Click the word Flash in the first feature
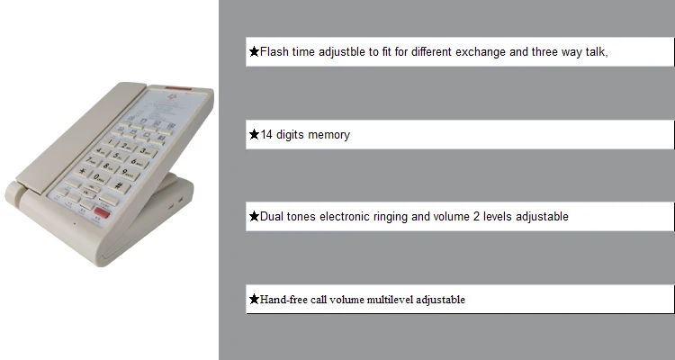274,52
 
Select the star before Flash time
254,52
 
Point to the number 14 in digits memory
266,135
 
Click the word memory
329,135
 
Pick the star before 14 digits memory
254,135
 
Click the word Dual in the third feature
273,217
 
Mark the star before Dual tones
254,217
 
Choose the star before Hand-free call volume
254,300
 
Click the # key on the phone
118,185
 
